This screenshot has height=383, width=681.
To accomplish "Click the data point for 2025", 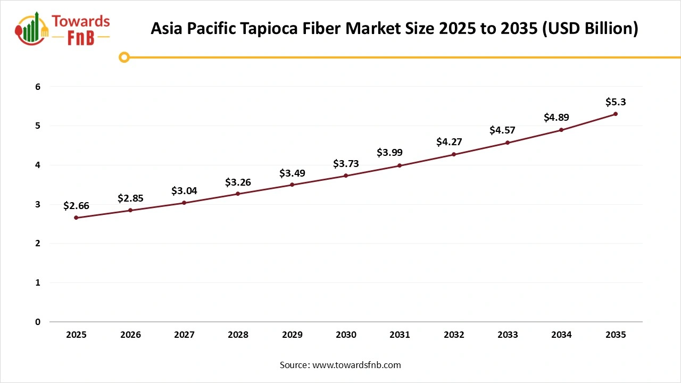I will pos(76,218).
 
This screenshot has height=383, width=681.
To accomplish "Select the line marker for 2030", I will pos(346,176).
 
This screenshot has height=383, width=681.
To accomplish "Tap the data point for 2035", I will pos(616,114).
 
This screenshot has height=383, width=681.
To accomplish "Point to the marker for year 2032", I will pos(454,154).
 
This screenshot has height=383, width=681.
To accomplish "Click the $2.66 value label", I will pos(76,206).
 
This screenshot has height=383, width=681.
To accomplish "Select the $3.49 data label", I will pos(292,173).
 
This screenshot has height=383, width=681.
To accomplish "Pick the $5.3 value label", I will pos(616,102).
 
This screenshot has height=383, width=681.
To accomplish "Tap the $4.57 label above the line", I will pos(502,130).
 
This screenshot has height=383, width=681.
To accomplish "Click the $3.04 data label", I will pos(184,191).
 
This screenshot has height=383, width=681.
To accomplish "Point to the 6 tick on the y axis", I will pos(38,87).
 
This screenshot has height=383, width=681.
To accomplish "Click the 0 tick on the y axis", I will pos(38,322).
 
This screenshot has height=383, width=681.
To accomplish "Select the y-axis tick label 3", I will pos(38,204).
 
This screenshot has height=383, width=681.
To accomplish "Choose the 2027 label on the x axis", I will pos(184,335).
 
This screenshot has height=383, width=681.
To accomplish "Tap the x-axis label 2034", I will pos(561,335).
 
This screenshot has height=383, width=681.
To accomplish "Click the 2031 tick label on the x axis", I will pos(400,335).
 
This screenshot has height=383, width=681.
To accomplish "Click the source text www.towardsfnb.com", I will pos(356,365).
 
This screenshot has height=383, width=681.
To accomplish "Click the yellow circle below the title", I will pos(124,57).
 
